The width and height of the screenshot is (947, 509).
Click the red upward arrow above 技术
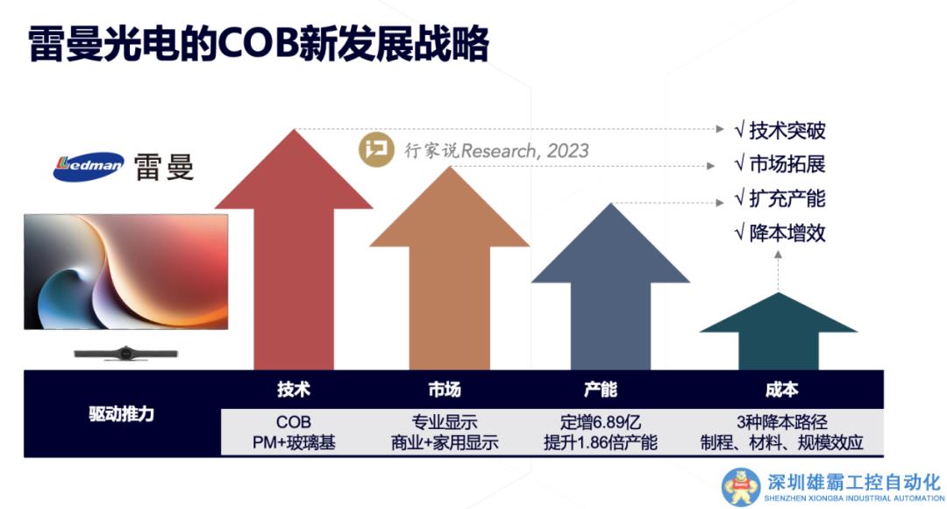click(294, 254)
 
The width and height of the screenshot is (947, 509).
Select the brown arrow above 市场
click(449, 272)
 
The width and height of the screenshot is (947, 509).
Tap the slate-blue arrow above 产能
click(610, 290)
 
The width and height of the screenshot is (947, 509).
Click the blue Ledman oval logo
click(89, 166)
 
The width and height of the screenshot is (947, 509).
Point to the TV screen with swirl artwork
click(126, 271)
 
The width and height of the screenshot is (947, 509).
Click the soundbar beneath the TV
click(125, 353)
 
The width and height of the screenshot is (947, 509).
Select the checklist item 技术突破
click(780, 130)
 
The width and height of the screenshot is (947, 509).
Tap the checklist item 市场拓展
click(780, 164)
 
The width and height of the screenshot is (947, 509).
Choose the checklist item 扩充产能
click(780, 198)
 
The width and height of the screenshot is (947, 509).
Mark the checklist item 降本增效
click(780, 233)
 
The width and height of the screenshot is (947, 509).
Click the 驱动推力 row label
click(121, 414)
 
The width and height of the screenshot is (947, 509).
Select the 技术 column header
click(294, 390)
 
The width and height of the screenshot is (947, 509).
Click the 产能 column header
click(601, 390)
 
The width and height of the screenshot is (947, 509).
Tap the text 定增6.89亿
click(601, 422)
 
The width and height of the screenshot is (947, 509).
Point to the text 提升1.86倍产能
click(601, 442)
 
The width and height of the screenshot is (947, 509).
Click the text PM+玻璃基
click(294, 442)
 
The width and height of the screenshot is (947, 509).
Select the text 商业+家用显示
click(445, 442)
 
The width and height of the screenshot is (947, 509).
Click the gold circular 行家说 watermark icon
click(376, 149)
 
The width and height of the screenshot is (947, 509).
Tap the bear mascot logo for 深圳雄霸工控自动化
click(741, 487)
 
